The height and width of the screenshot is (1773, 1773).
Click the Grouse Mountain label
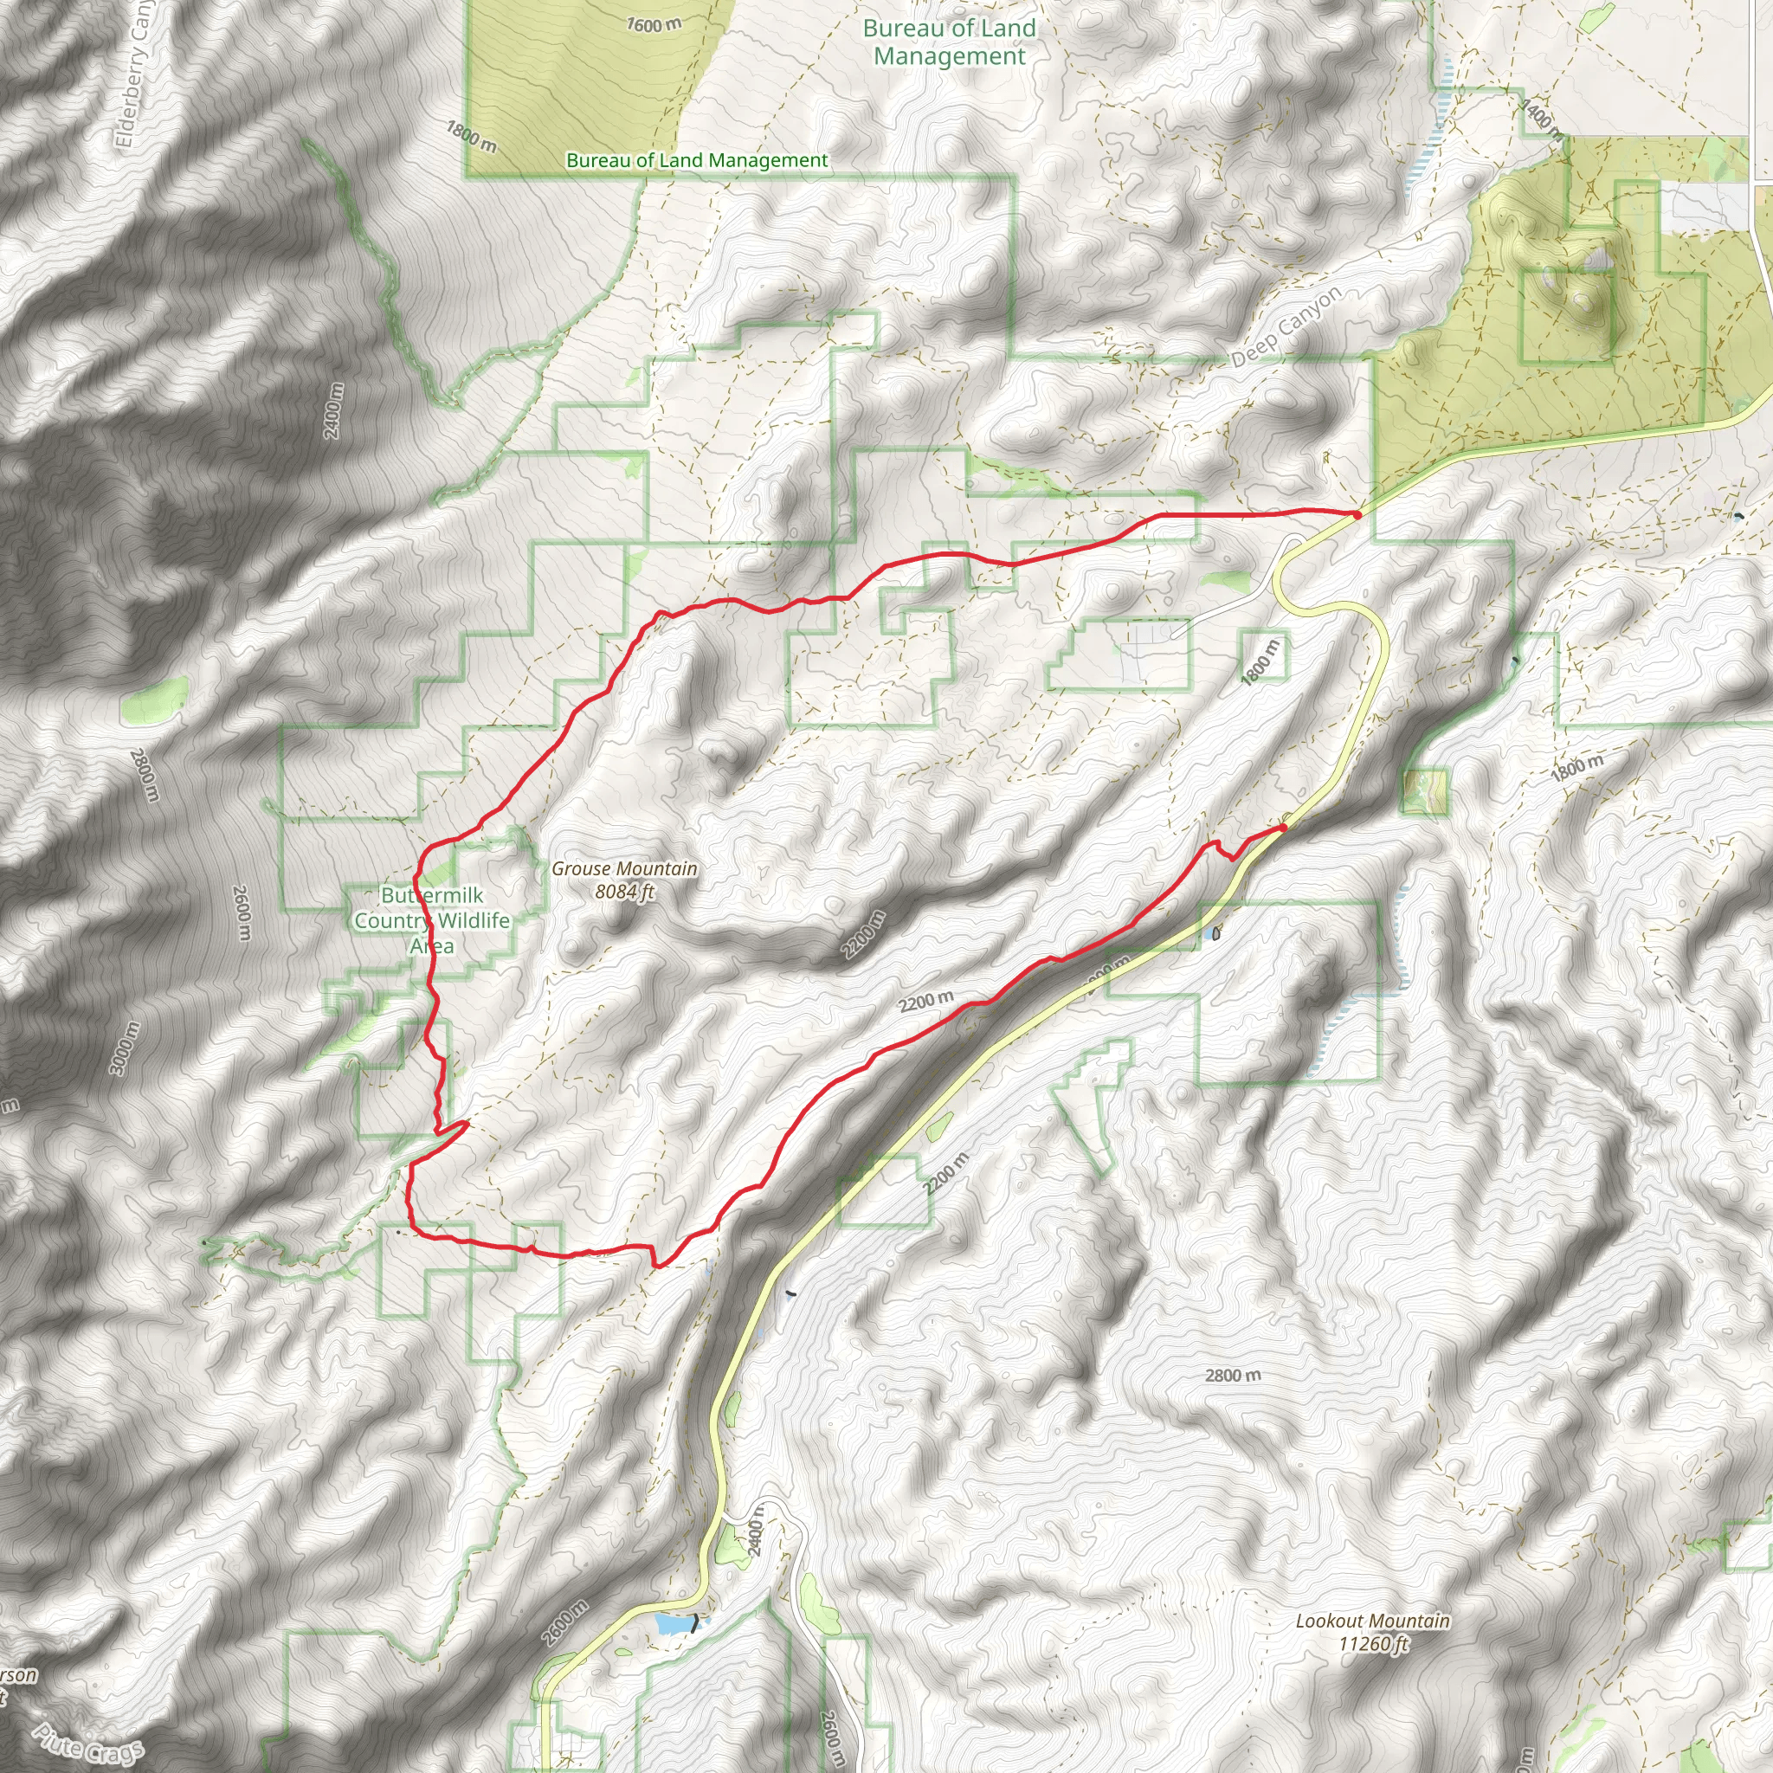(624, 880)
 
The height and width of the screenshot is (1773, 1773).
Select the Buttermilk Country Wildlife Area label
(431, 919)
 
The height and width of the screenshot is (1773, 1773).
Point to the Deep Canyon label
(1286, 326)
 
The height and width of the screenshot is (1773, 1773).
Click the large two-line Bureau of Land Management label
(949, 42)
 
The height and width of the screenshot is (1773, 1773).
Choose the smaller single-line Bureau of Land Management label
(697, 161)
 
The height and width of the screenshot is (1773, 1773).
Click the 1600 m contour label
(654, 25)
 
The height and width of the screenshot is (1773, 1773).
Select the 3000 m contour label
(125, 1048)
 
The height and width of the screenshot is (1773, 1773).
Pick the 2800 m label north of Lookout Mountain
(1233, 1376)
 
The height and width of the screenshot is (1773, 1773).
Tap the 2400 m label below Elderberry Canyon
(333, 409)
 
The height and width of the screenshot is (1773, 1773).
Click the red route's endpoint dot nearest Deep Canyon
(1357, 516)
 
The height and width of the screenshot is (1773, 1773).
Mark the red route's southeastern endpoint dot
(1282, 828)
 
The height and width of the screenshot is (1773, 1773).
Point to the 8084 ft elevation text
(624, 891)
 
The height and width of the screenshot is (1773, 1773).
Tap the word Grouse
(582, 868)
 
